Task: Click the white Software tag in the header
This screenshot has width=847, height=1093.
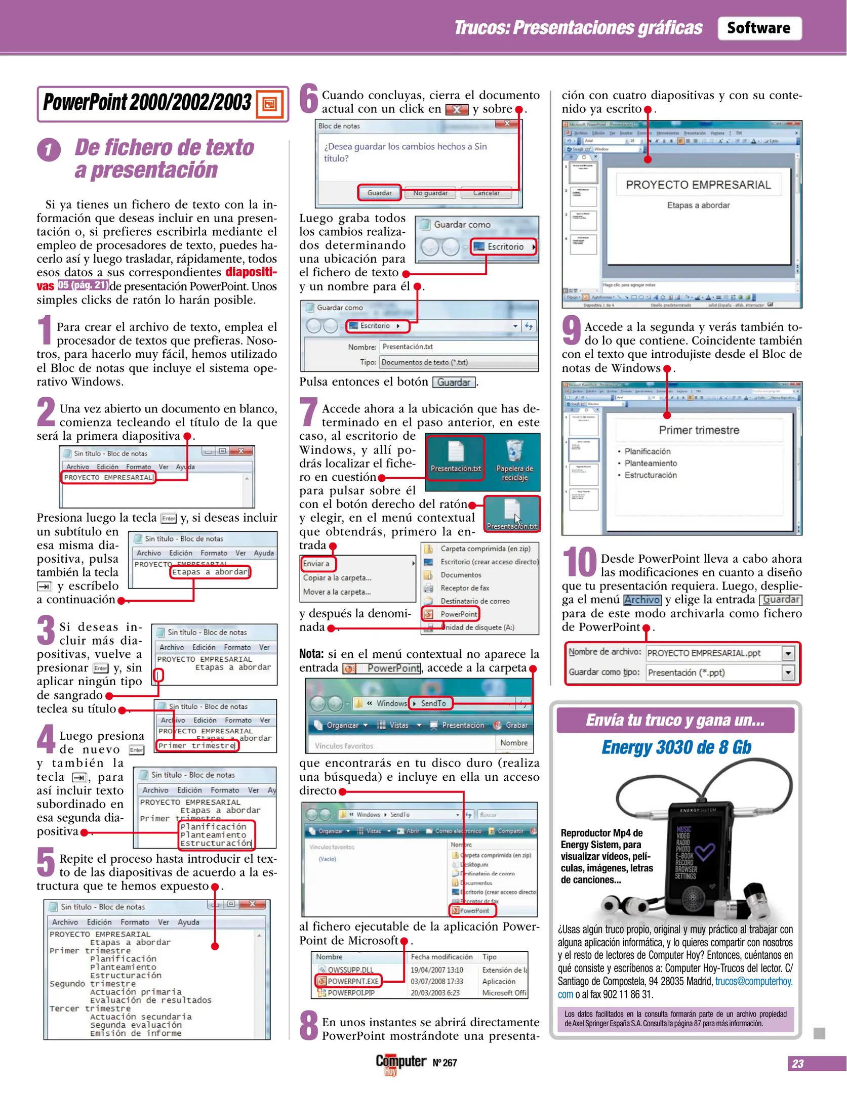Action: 758,28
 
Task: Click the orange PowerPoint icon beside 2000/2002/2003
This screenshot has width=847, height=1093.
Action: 269,104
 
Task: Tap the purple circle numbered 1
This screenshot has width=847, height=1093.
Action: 49,150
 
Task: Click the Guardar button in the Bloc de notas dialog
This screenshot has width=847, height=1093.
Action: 379,193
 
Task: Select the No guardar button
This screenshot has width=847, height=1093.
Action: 430,193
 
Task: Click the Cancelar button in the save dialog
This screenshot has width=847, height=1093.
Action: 486,193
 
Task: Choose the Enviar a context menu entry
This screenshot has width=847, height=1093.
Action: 317,564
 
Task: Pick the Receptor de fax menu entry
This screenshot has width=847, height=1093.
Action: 464,588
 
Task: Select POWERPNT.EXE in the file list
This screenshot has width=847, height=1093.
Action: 353,981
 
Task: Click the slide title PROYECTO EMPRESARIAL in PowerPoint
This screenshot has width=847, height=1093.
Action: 698,185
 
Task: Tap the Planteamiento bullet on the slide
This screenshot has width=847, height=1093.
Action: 650,463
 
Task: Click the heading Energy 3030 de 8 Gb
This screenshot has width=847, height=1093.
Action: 676,747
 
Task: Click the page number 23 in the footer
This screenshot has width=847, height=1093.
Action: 797,1064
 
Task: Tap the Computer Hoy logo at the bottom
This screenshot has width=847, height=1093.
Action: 400,1063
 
